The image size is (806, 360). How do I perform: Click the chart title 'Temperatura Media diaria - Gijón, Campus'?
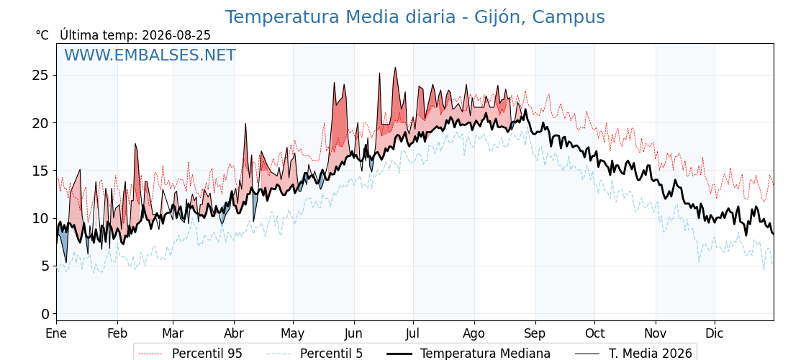point(415,17)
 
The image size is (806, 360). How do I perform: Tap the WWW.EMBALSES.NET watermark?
point(150,55)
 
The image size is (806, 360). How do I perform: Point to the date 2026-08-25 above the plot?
point(176,35)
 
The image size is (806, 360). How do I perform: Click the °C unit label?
point(42,35)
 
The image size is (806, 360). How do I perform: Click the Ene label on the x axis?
point(57,333)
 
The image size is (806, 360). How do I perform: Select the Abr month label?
point(234,333)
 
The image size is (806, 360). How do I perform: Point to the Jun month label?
point(353,333)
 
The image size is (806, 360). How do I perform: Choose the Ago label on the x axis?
point(474,333)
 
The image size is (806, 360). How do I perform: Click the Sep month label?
point(535,333)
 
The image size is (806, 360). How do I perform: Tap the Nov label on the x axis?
point(656,333)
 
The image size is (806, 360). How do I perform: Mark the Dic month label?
point(715,333)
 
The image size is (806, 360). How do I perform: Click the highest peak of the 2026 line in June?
point(395,68)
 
